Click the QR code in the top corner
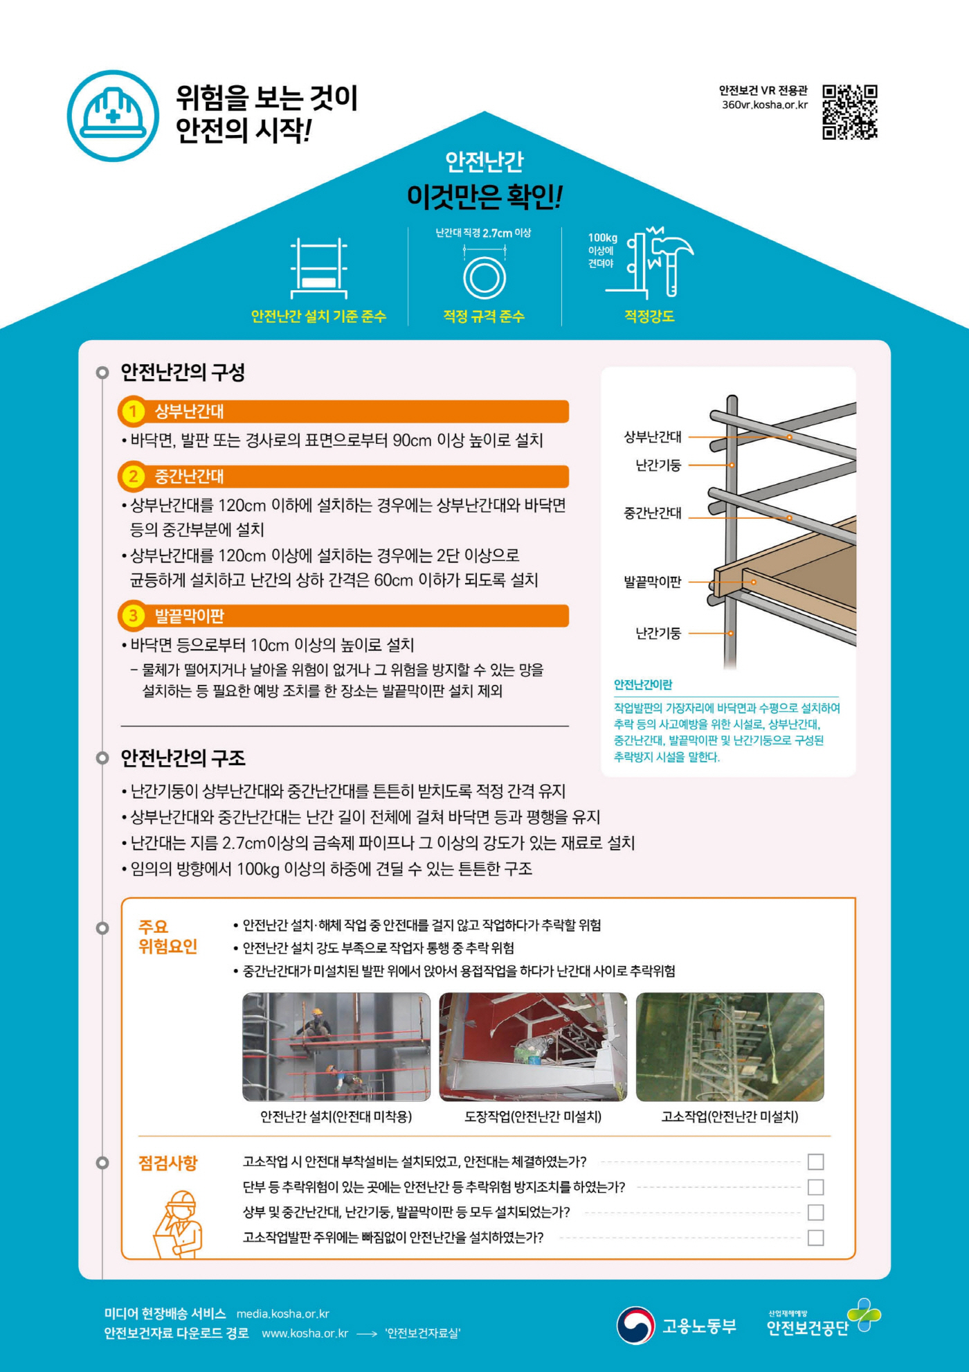tap(849, 112)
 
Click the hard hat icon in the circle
tap(113, 116)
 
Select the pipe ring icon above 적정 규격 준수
tap(484, 277)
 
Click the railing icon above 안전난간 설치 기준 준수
tap(318, 268)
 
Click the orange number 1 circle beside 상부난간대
tap(132, 411)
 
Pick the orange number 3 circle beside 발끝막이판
tap(132, 616)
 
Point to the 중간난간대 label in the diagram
tap(652, 513)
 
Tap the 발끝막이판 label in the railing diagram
tap(652, 582)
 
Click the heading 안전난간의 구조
tap(183, 758)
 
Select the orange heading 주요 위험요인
tap(167, 936)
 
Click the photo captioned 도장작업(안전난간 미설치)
tap(533, 1046)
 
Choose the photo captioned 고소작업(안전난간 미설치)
tap(730, 1046)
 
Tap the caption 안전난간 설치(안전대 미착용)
tap(336, 1116)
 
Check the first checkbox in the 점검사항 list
tap(815, 1161)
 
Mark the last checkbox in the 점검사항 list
tap(815, 1238)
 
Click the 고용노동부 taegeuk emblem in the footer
tap(635, 1325)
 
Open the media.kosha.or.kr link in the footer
tap(282, 1314)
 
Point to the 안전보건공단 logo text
tap(807, 1327)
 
